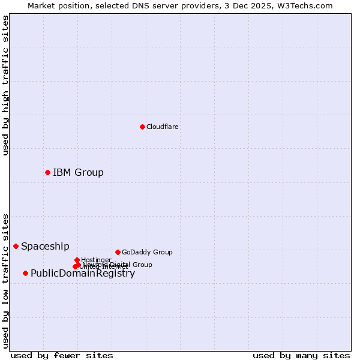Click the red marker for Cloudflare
tap(142, 127)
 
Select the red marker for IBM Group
tap(47, 172)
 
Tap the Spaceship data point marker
tap(16, 246)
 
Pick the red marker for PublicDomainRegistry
tap(25, 273)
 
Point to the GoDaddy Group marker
tap(118, 252)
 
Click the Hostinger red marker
tap(77, 260)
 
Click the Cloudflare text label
tap(163, 127)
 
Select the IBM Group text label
tap(78, 173)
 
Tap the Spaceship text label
tap(45, 246)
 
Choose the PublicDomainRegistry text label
tap(83, 274)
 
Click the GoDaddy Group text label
tap(147, 252)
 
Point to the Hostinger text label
tap(97, 260)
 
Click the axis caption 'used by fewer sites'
tap(62, 355)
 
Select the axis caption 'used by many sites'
tap(301, 355)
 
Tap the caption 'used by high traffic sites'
tap(6, 85)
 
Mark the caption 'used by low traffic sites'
tap(6, 280)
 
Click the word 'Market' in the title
tap(41, 6)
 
